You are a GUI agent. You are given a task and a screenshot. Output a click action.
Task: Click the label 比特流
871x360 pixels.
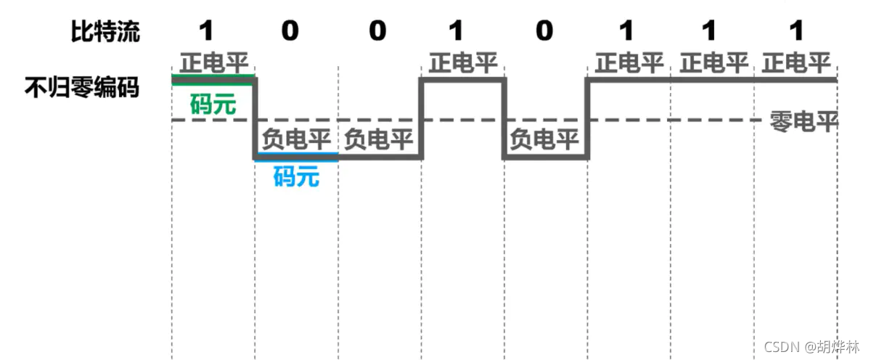105,31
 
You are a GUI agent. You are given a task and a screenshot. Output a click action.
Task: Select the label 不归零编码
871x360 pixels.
82,89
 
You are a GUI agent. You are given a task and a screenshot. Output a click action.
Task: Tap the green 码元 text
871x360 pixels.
213,105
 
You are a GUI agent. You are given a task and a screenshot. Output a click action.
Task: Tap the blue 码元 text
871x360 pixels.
296,176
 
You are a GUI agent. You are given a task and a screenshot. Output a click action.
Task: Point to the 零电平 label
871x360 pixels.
803,122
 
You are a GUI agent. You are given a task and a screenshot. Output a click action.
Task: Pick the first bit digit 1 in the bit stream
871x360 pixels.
207,31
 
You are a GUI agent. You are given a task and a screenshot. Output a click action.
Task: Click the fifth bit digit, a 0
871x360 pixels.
544,31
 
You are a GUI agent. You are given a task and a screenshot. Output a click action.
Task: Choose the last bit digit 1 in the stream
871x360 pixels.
796,31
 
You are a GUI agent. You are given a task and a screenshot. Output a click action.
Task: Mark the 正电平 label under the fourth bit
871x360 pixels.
462,64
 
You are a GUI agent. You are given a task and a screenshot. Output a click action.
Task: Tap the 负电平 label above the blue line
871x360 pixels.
296,139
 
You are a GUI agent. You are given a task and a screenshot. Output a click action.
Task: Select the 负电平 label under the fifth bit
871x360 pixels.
544,139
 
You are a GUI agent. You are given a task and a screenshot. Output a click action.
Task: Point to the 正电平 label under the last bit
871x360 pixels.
796,64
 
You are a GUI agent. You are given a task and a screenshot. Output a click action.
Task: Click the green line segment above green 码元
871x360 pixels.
213,75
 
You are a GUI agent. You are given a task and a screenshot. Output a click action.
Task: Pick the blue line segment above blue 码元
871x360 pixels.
296,155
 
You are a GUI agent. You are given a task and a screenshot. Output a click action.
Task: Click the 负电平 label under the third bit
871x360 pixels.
378,139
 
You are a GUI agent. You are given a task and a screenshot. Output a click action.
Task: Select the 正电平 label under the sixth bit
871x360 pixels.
629,64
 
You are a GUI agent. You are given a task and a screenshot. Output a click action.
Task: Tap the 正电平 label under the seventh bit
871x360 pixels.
713,64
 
